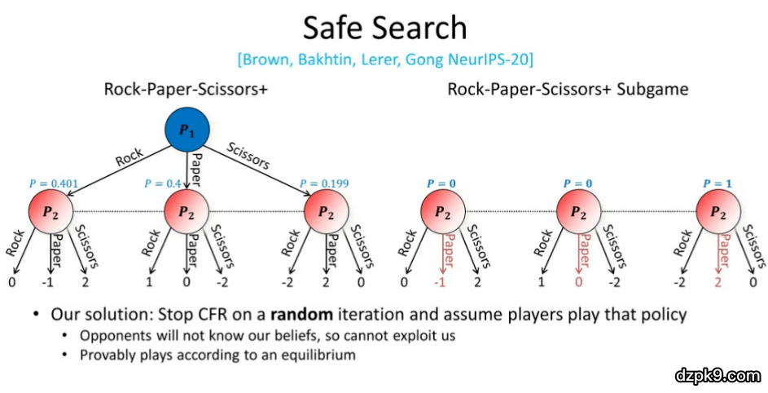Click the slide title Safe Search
coord(384,27)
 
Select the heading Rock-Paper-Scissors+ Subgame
coord(567,88)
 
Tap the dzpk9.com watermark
coord(717,375)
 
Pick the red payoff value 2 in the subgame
coord(718,283)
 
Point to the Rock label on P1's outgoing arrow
coord(129,157)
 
